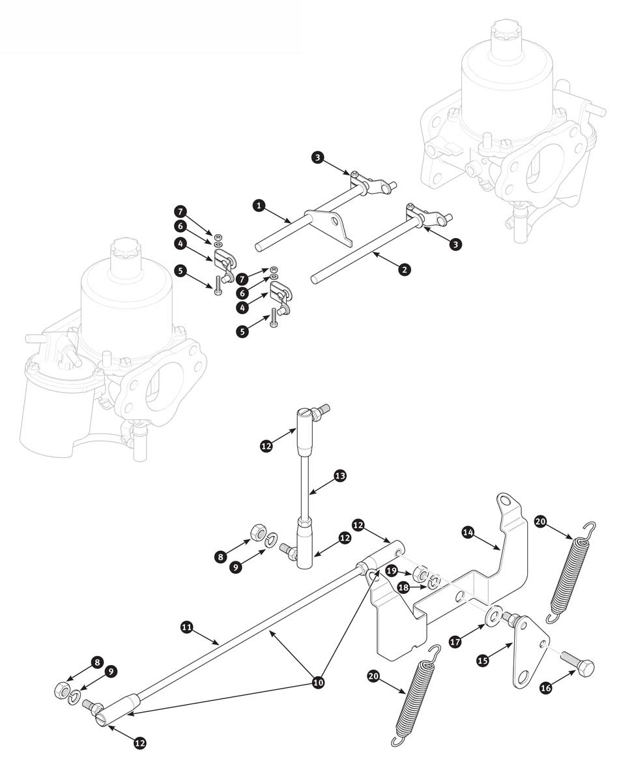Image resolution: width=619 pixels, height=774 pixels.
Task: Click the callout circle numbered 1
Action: [x=259, y=205]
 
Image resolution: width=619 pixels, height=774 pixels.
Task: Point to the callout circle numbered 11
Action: [x=186, y=627]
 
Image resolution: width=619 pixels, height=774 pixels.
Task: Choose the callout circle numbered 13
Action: [x=340, y=476]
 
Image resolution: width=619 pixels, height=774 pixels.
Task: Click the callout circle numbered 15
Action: [x=483, y=661]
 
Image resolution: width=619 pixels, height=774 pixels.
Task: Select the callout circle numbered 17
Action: [x=456, y=642]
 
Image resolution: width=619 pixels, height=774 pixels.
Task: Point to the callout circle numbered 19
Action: [x=391, y=570]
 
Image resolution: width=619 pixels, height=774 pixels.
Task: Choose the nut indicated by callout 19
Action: [x=421, y=573]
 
